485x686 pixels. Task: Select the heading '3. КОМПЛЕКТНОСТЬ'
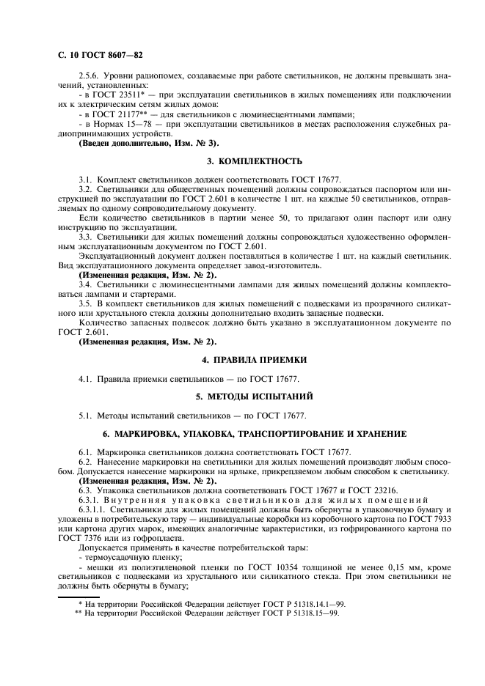(242, 161)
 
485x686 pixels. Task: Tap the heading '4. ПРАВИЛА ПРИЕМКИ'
(242, 360)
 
